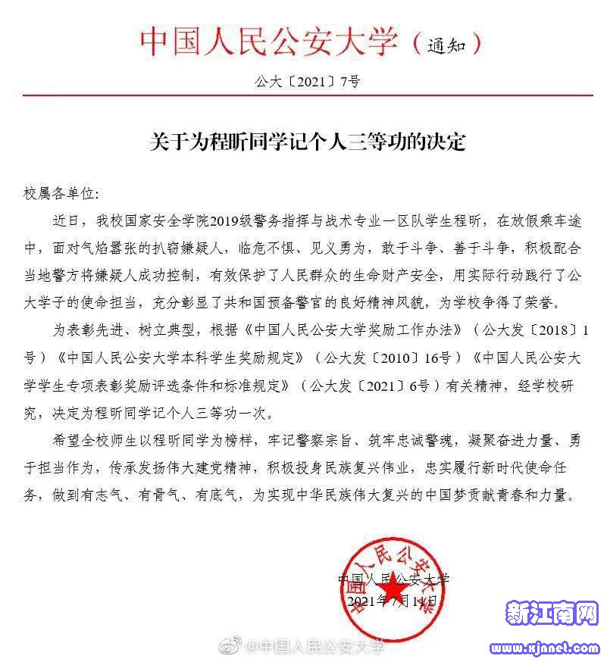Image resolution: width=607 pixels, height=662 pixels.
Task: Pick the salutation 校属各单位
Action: pos(61,195)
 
